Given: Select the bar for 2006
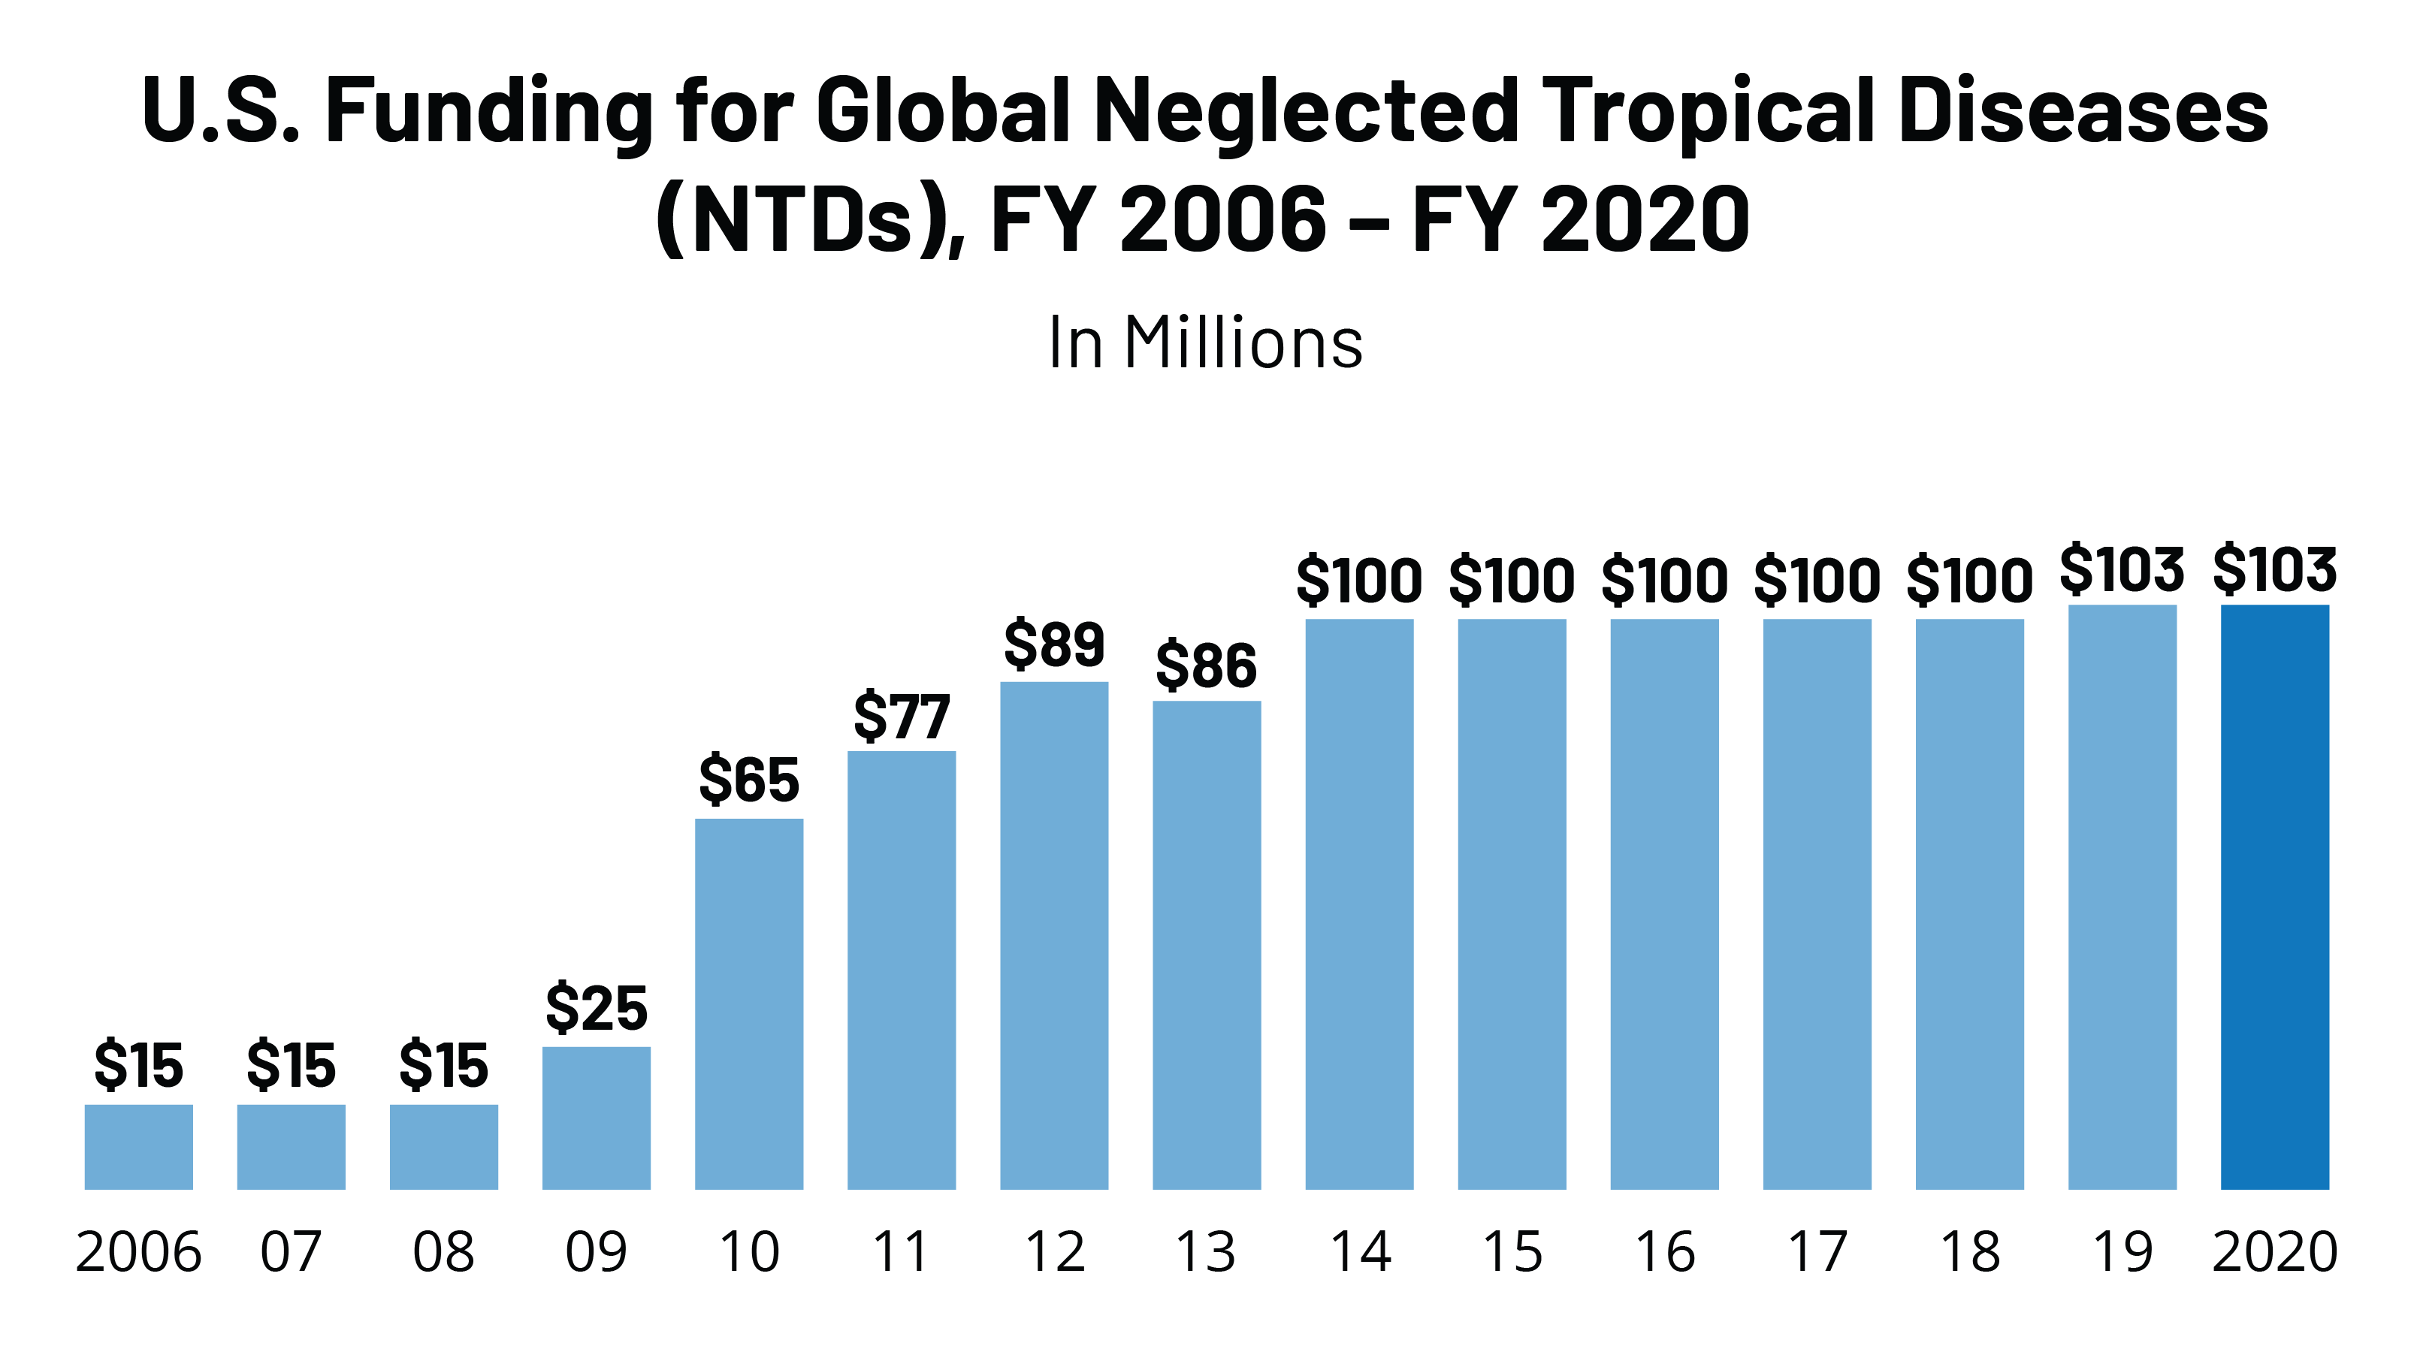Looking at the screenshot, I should click(x=138, y=1146).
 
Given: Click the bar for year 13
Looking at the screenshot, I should click(x=1207, y=945).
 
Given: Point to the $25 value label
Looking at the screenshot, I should click(x=597, y=1008).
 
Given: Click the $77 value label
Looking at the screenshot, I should click(x=902, y=717).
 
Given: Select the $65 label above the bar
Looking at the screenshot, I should click(x=749, y=780).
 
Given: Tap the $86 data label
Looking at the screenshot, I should click(x=1207, y=666).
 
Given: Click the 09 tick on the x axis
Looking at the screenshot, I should click(x=597, y=1252).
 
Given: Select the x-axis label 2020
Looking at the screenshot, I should click(x=2274, y=1252).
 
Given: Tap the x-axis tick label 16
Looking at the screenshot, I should click(x=1664, y=1252).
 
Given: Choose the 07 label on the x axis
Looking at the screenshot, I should click(x=291, y=1252).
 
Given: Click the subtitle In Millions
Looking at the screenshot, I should click(x=1205, y=343).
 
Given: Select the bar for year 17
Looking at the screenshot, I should click(x=1817, y=904).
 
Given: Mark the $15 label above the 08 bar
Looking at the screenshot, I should click(x=443, y=1065).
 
